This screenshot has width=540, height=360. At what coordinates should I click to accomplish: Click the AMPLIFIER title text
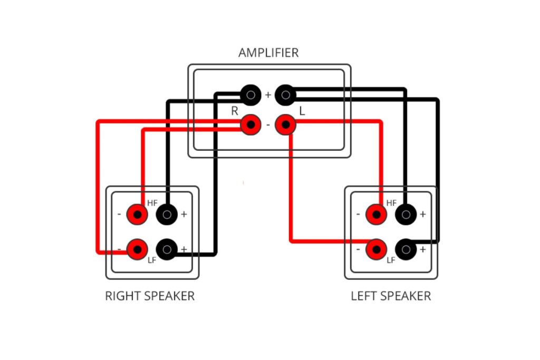click(268, 53)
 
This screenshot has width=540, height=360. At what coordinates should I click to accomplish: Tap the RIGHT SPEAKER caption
click(150, 296)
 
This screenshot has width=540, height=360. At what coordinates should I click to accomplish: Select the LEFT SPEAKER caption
click(391, 296)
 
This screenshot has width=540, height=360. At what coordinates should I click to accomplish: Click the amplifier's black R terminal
click(250, 95)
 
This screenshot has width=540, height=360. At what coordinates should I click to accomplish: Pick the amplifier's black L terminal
click(285, 95)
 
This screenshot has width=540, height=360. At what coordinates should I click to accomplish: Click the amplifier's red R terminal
click(250, 125)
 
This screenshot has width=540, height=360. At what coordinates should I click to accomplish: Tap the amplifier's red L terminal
click(285, 125)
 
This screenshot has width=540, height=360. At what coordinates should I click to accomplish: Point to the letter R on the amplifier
click(235, 111)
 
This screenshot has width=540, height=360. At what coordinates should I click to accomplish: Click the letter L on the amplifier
click(302, 111)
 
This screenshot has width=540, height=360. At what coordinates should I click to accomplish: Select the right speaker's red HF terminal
click(138, 215)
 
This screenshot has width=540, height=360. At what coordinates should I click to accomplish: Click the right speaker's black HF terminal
click(167, 215)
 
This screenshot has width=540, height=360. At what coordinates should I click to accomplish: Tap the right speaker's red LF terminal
click(138, 248)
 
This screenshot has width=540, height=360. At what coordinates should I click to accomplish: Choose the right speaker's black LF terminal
click(167, 248)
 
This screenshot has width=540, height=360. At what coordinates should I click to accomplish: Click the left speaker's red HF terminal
click(377, 215)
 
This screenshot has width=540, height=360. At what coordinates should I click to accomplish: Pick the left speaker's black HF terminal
click(406, 215)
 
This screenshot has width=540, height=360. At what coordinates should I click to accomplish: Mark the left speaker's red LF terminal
click(377, 248)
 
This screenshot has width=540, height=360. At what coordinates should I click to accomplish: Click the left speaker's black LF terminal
click(406, 248)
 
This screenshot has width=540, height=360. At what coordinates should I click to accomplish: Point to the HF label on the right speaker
click(152, 202)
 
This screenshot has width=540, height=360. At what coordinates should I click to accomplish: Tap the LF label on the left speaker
click(391, 260)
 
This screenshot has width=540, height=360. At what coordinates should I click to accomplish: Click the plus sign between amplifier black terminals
click(268, 95)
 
